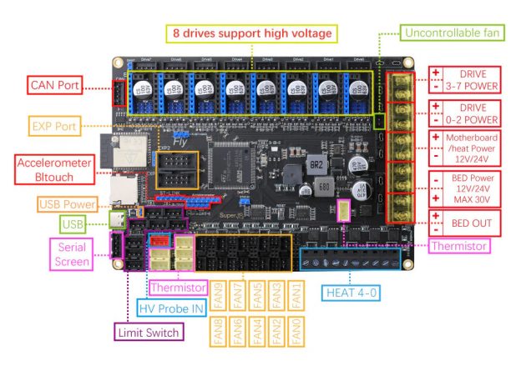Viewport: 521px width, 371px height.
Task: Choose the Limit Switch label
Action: click(x=150, y=331)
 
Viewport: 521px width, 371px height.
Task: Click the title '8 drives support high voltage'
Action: click(x=252, y=34)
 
